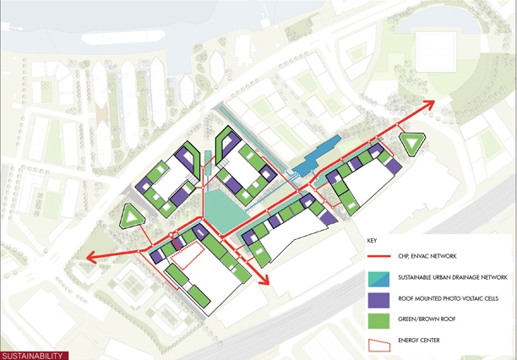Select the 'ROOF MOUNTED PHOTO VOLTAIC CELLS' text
tap(451, 298)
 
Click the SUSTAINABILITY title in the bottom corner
tap(31, 355)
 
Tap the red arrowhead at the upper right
tap(428, 104)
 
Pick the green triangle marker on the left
tap(133, 216)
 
